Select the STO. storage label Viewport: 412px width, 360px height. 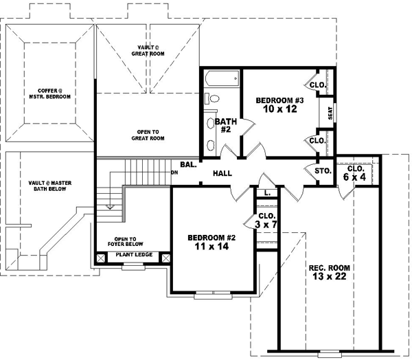coord(322,170)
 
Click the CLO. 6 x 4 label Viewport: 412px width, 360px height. coord(356,172)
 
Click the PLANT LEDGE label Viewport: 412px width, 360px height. coord(134,255)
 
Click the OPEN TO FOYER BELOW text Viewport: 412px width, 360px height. coord(128,241)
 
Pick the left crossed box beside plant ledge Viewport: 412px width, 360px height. coord(102,258)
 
